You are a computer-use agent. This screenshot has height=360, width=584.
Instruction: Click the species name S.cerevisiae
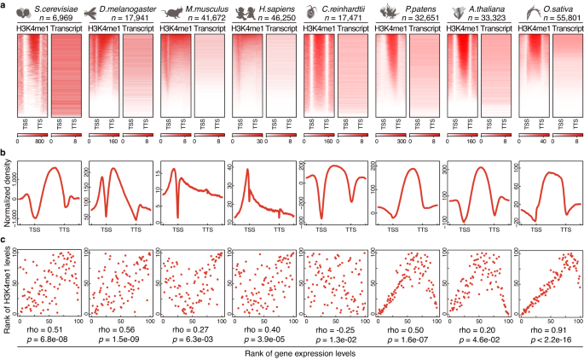tap(53, 7)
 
